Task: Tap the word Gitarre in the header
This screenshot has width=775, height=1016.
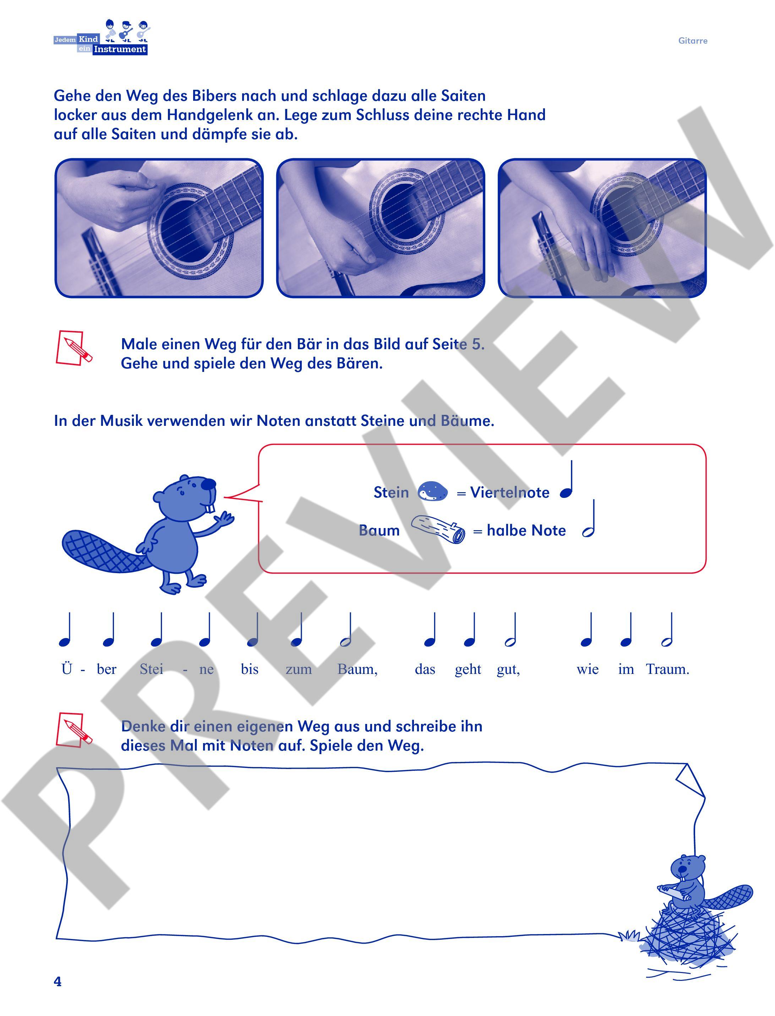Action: [x=692, y=40]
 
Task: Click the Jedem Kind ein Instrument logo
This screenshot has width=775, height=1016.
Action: [x=102, y=37]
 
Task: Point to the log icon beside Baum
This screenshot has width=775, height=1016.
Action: [x=438, y=529]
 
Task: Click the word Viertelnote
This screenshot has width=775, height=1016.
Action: [x=510, y=493]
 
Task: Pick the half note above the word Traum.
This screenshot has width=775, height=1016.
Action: [x=667, y=630]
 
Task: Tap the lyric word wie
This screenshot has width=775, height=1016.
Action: [x=587, y=669]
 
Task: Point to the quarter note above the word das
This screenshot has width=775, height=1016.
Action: [x=430, y=630]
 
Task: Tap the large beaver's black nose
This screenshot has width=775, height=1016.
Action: [x=208, y=483]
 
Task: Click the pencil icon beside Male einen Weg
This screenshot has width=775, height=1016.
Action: [x=74, y=348]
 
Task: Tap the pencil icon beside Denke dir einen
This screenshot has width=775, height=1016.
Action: [x=74, y=730]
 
